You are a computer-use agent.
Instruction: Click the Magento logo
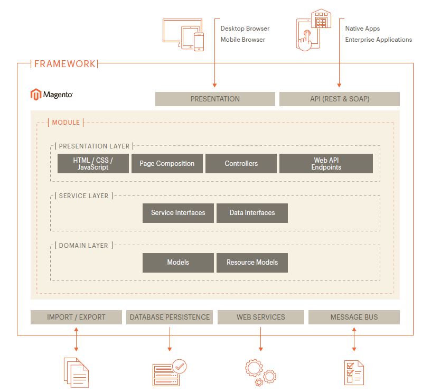[51, 95]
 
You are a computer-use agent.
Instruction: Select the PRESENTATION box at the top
[215, 99]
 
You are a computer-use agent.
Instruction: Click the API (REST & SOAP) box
[340, 99]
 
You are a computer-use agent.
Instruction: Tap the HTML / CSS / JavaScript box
[93, 164]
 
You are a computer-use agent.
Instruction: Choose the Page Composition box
[167, 164]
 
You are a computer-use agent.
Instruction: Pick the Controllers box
[241, 164]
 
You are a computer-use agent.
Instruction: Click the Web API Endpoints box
[326, 164]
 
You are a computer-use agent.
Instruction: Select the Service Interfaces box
[178, 213]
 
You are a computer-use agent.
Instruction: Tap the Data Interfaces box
[252, 213]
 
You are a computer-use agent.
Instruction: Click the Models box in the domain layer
[178, 263]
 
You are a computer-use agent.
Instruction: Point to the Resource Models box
[252, 263]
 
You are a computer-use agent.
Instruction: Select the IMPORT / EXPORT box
[76, 317]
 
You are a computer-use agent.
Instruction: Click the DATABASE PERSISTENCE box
[170, 317]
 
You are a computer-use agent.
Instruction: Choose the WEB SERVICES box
[261, 317]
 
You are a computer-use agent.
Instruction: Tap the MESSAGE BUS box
[354, 317]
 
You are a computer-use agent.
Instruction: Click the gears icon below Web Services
[260, 372]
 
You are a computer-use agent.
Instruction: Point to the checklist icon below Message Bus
[354, 373]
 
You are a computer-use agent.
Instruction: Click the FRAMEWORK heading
[64, 64]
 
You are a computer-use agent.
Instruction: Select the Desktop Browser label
[245, 29]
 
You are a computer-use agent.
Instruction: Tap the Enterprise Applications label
[379, 40]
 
